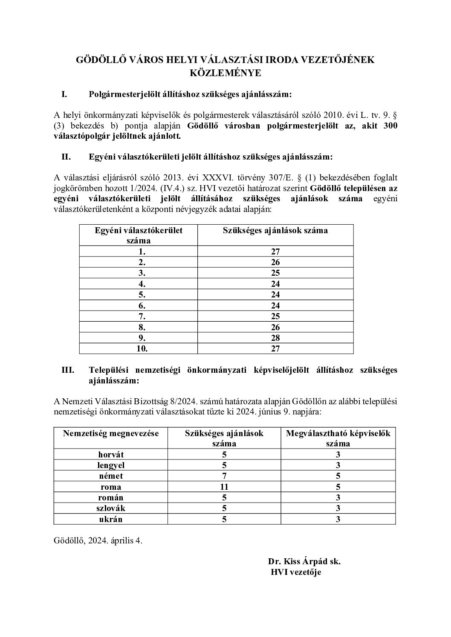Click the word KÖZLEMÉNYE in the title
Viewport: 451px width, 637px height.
[x=225, y=73]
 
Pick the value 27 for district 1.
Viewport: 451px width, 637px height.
[x=275, y=251]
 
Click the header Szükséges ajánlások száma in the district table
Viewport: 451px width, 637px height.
[x=275, y=231]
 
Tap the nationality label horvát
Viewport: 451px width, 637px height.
[x=111, y=454]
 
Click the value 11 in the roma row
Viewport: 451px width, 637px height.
[x=224, y=487]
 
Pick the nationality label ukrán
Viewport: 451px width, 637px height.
[x=111, y=519]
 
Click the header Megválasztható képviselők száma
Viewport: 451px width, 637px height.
[x=338, y=438]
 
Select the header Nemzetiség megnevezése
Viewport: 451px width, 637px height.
[x=111, y=434]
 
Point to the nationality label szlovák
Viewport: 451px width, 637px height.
[x=111, y=508]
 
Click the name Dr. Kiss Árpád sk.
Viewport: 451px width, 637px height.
[x=304, y=561]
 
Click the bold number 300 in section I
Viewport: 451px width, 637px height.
[x=390, y=126]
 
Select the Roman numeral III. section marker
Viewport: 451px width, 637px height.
[x=68, y=370]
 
